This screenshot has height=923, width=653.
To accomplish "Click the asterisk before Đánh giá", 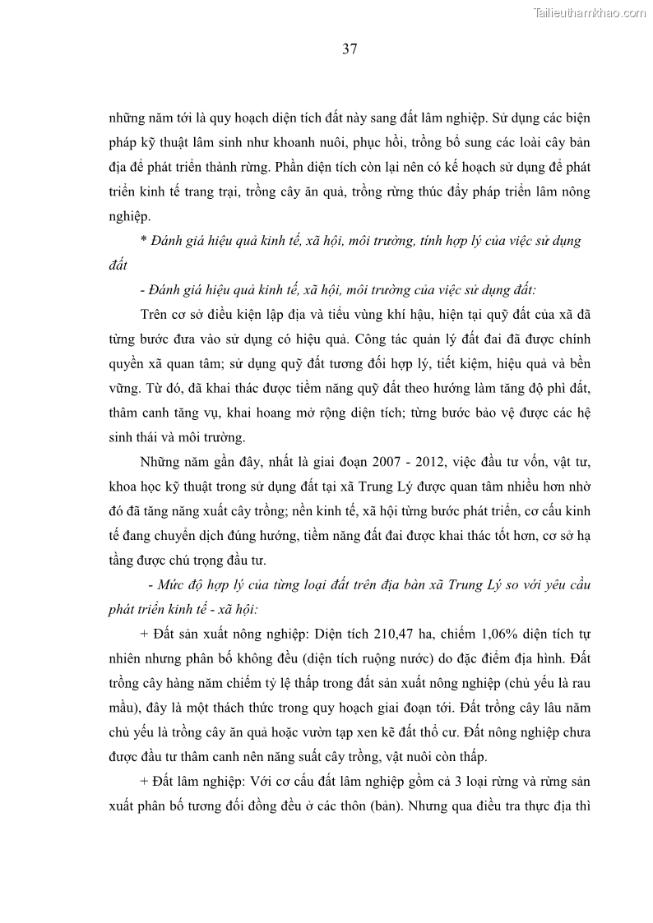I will click(142, 242).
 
